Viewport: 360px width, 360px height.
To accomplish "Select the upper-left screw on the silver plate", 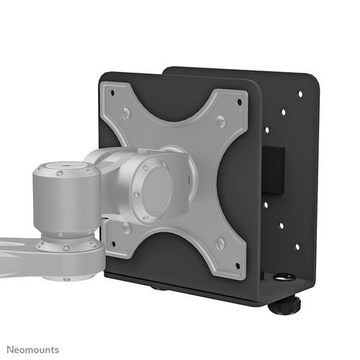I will click(x=127, y=112).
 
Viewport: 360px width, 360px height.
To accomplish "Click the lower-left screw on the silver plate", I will click(x=127, y=227).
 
